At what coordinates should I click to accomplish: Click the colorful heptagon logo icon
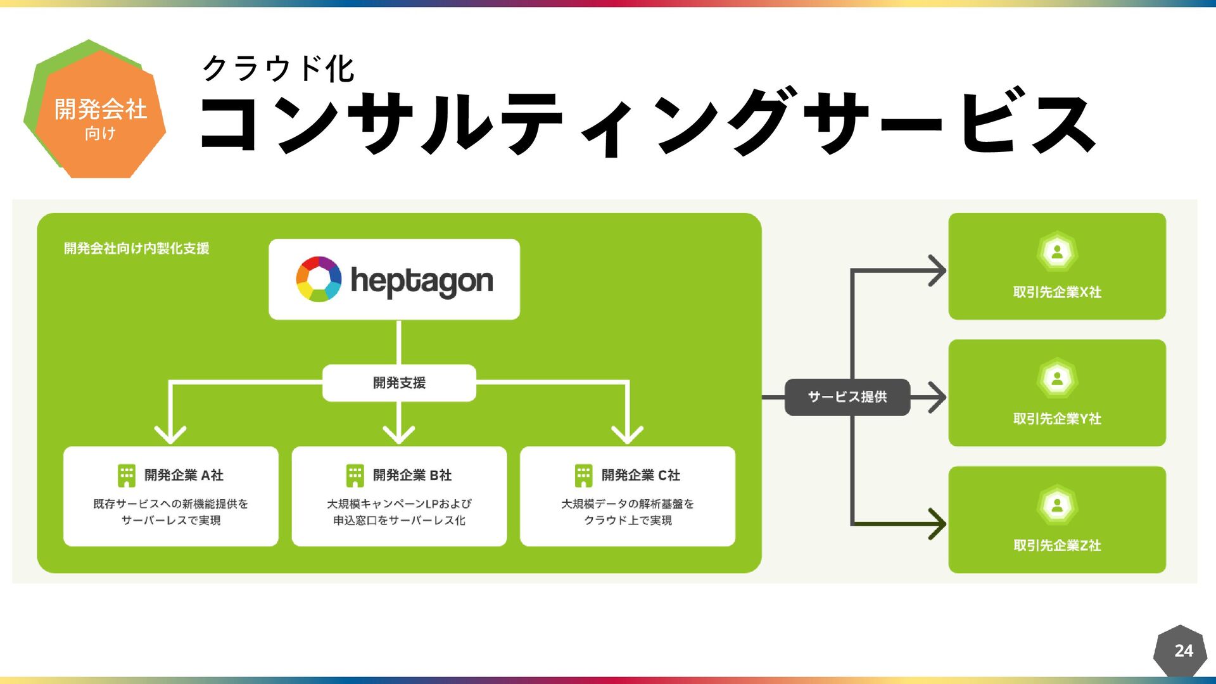point(319,279)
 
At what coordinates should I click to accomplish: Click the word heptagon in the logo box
point(422,281)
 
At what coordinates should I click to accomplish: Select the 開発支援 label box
point(399,383)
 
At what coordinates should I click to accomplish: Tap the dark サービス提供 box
point(847,397)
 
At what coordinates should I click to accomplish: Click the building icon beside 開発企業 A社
point(127,476)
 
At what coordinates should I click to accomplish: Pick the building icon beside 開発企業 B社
point(355,476)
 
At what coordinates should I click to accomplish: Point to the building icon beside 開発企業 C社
point(583,476)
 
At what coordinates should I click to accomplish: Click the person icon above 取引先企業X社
point(1057,252)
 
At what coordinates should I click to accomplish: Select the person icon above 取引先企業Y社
point(1057,379)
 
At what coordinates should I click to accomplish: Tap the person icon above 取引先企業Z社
point(1057,505)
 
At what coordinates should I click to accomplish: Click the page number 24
point(1183,650)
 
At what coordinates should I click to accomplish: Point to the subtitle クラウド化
point(278,68)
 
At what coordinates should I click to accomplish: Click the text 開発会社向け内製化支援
point(136,248)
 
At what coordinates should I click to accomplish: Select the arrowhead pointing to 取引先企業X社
point(937,270)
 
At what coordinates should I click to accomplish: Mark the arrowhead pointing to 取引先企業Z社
point(937,524)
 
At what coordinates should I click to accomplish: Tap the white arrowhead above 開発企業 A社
point(170,435)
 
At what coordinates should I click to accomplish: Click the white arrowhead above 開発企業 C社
point(627,435)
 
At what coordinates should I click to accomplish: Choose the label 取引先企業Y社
point(1057,419)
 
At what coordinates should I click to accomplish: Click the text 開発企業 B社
point(412,475)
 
